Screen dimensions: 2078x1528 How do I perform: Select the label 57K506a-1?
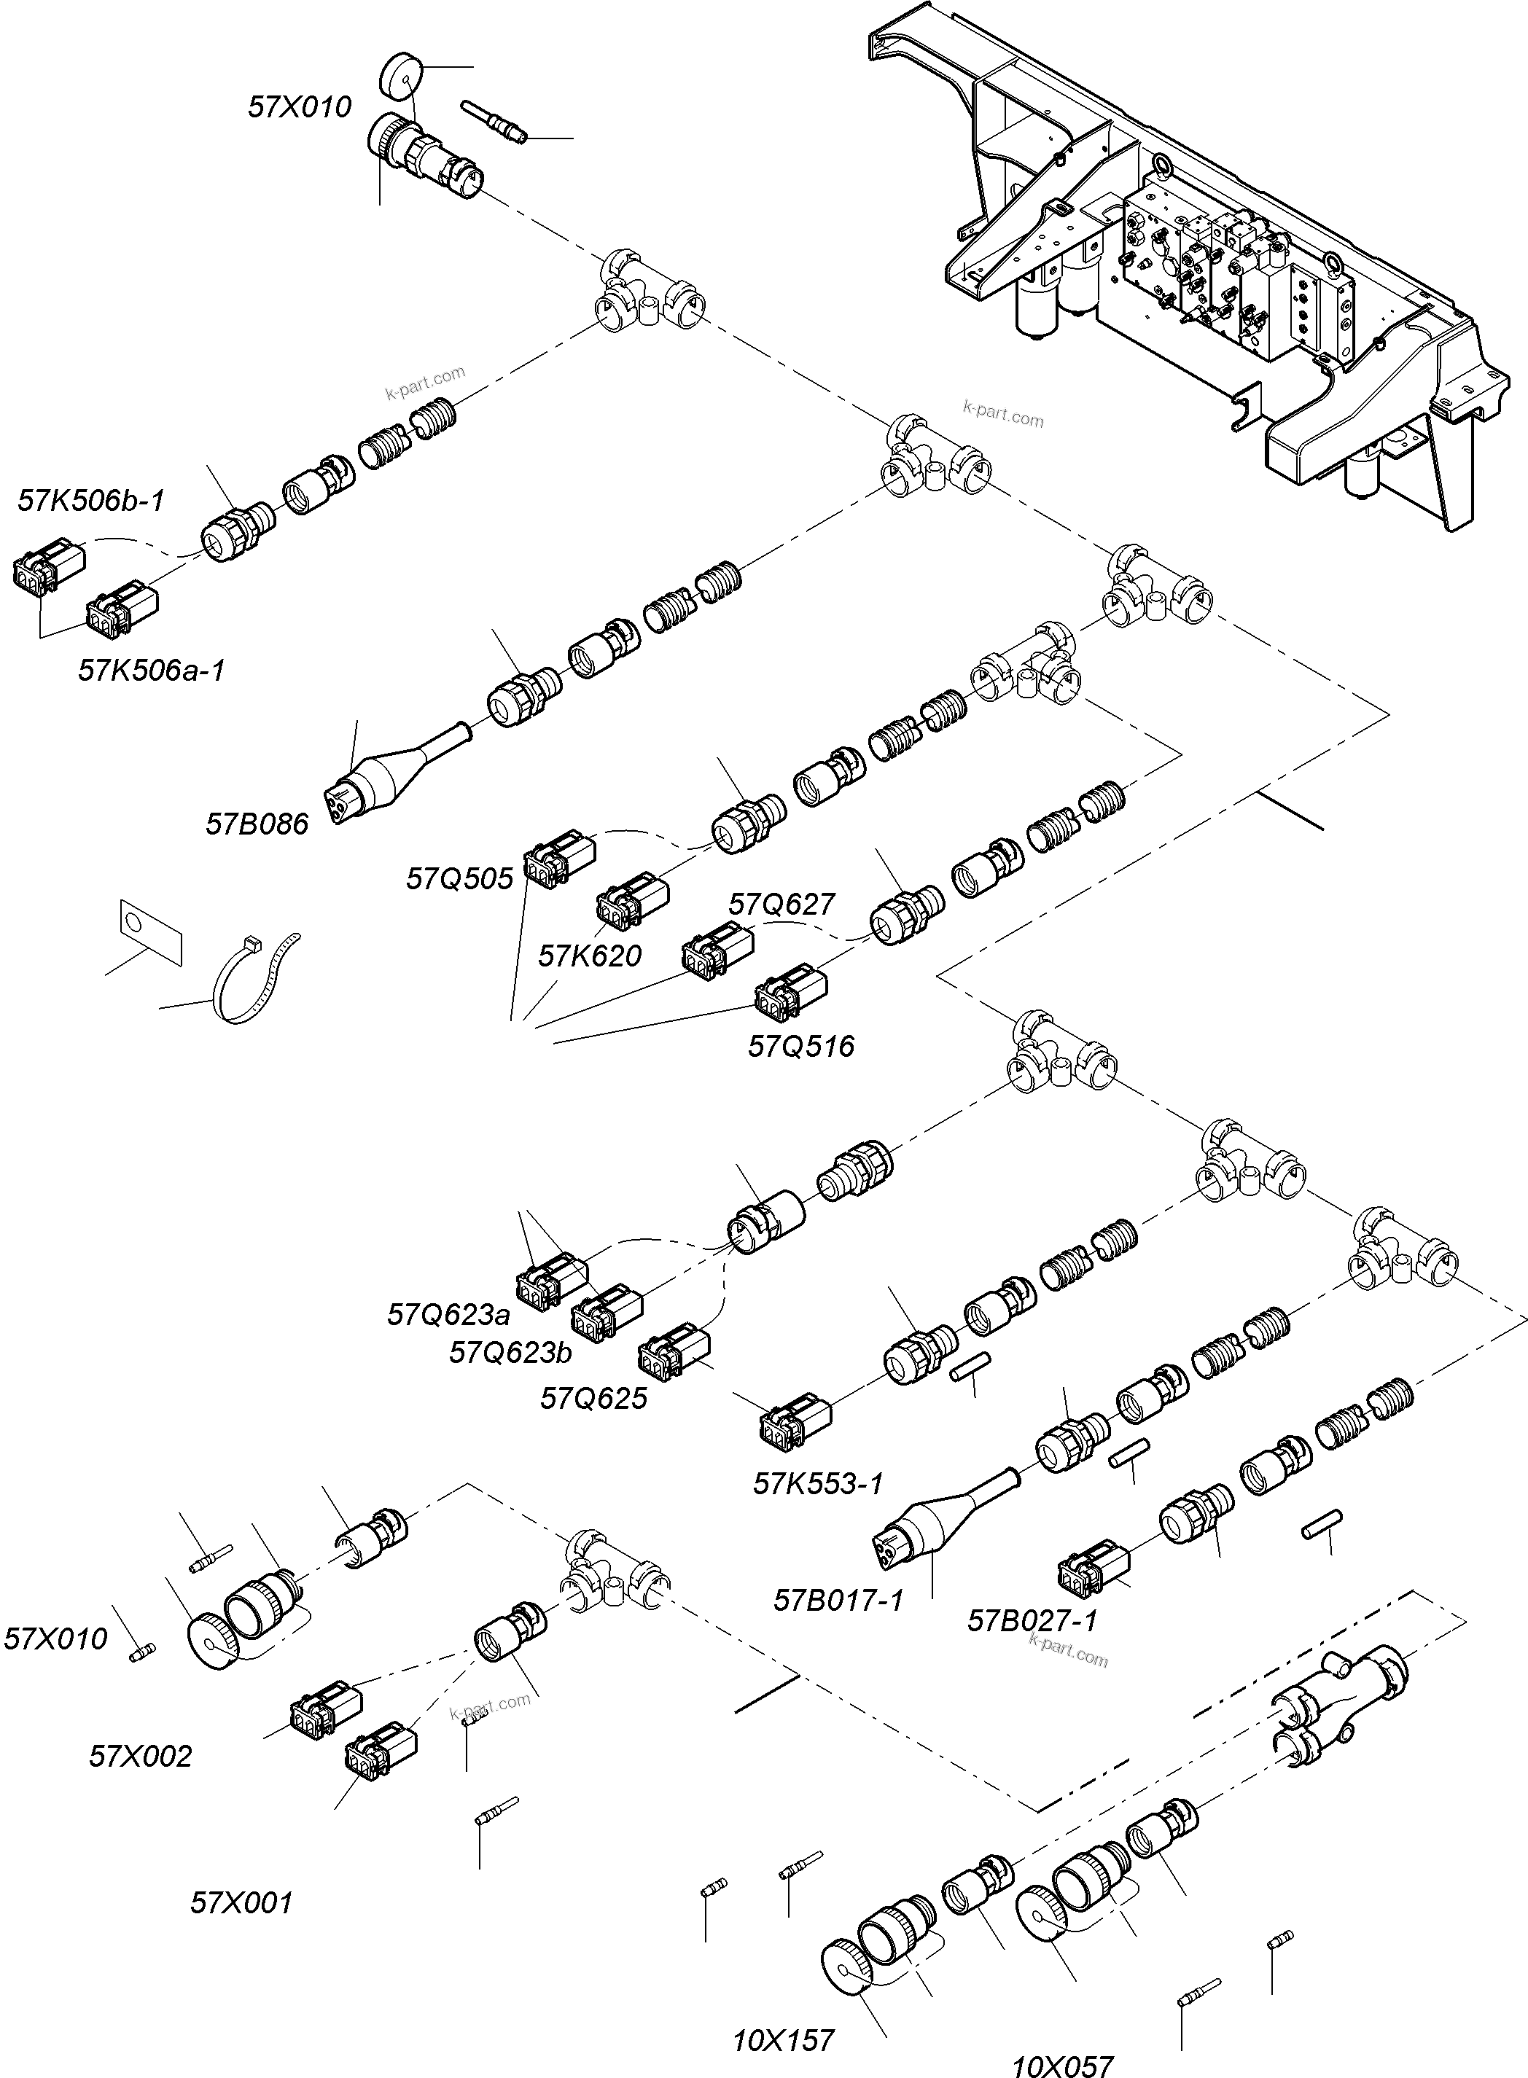pos(152,671)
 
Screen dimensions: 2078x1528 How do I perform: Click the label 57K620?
pos(589,956)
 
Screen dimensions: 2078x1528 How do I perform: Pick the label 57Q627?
pos(781,904)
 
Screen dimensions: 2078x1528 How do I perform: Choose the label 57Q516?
pos(801,1046)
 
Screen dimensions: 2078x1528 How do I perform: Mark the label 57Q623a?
pos(448,1314)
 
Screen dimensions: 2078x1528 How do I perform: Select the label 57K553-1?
pos(818,1483)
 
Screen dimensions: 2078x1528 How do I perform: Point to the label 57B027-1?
pos(1032,1620)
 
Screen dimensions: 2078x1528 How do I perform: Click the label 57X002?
pos(141,1755)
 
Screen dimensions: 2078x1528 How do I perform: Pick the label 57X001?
pos(241,1902)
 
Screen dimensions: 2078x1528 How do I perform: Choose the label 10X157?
pos(784,2040)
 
